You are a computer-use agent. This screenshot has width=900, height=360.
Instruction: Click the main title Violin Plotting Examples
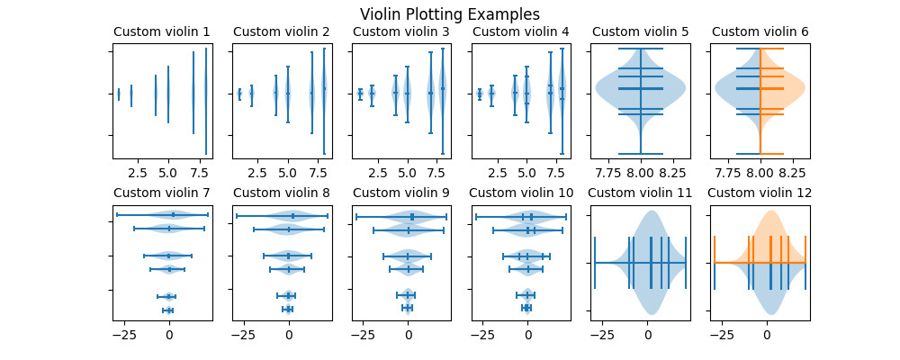click(449, 14)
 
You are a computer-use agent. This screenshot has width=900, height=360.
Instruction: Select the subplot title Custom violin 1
click(162, 32)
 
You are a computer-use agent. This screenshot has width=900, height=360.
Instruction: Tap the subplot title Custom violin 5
click(640, 32)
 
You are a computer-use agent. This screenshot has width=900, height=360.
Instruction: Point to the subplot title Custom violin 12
click(760, 193)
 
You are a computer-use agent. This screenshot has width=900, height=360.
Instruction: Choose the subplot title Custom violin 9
click(400, 193)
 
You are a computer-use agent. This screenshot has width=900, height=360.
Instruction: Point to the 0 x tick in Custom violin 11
click(648, 333)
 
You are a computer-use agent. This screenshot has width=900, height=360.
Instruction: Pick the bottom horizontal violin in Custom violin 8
click(288, 309)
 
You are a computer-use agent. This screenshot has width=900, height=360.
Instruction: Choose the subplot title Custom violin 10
click(520, 193)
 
